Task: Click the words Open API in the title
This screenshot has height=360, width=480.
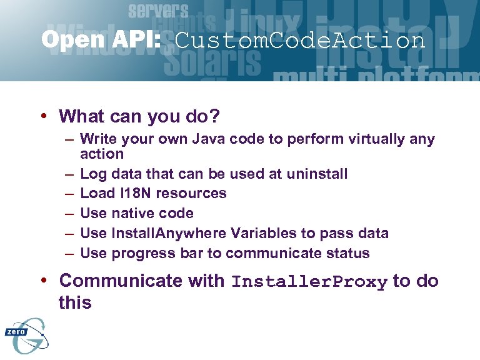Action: (x=100, y=41)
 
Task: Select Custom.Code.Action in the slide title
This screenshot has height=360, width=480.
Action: (x=300, y=41)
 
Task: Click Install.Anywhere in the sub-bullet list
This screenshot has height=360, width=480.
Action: (x=169, y=233)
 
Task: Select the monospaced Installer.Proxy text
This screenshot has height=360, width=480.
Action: (x=309, y=282)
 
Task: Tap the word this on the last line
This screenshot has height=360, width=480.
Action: (x=75, y=303)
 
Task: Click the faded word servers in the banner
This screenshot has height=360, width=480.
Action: (x=158, y=11)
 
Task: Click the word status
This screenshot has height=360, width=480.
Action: (x=348, y=253)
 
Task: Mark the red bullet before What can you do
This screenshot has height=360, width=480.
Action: (x=45, y=116)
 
